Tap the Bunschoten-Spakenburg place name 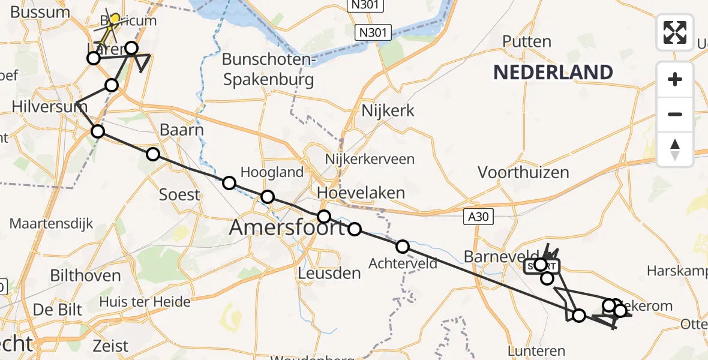(x=268, y=69)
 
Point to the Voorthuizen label (x=523, y=173)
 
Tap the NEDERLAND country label (x=553, y=73)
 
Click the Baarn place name (x=182, y=130)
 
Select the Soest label (x=179, y=194)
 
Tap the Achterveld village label (x=403, y=263)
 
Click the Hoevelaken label (x=361, y=193)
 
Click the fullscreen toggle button (x=675, y=32)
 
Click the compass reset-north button (x=675, y=149)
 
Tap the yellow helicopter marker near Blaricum (x=114, y=20)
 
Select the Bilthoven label (x=86, y=276)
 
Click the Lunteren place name (x=536, y=351)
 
